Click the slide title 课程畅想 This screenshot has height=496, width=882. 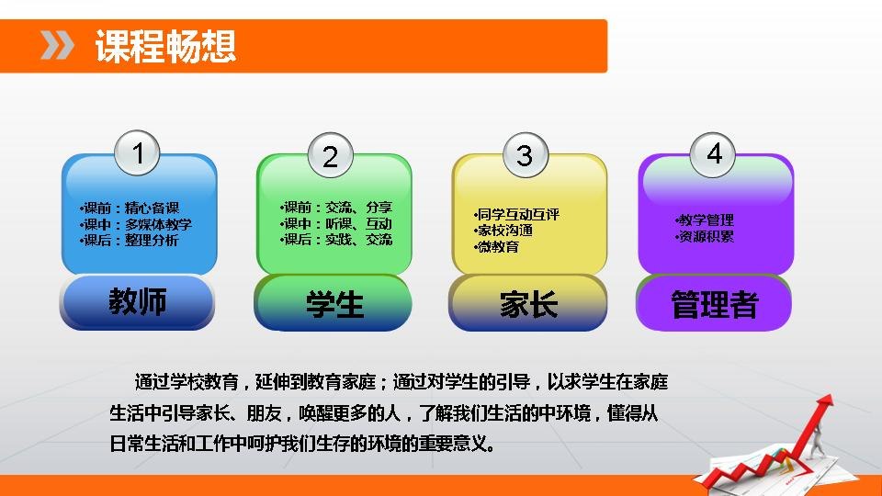point(165,46)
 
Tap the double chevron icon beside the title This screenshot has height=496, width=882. point(57,46)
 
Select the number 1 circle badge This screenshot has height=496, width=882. point(137,153)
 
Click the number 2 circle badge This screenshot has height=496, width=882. point(331,155)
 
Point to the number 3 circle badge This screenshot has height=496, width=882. point(525,155)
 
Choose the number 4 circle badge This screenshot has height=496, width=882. point(713,154)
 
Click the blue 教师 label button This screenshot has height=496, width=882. point(137,302)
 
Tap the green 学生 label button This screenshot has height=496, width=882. point(333,304)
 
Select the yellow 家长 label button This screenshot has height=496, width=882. point(528,304)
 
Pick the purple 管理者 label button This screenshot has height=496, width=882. point(715,304)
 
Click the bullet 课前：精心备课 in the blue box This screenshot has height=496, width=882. point(130,209)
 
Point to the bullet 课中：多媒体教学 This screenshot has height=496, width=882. point(136,224)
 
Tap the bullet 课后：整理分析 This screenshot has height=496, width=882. point(130,241)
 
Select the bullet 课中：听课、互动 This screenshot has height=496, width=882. point(336,224)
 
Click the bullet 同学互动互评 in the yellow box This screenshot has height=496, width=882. point(517,214)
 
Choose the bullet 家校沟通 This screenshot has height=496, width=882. point(503,231)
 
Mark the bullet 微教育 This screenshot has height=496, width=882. point(497,247)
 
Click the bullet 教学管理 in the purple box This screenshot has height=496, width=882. point(705,220)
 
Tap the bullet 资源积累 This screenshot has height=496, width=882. point(705,236)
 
